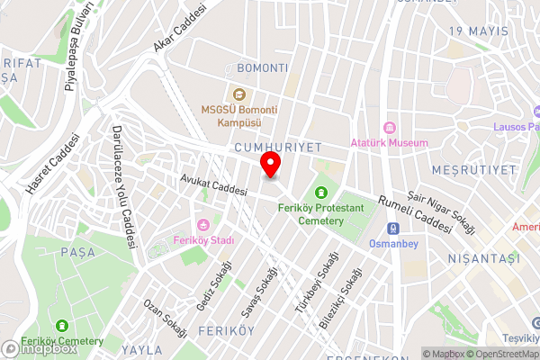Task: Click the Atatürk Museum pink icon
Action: click(x=391, y=128)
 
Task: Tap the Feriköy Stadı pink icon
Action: click(x=203, y=225)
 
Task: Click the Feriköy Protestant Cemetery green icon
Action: click(x=321, y=191)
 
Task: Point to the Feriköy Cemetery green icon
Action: click(x=61, y=326)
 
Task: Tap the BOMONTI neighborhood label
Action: click(x=262, y=68)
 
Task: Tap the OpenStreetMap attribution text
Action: click(x=498, y=354)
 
